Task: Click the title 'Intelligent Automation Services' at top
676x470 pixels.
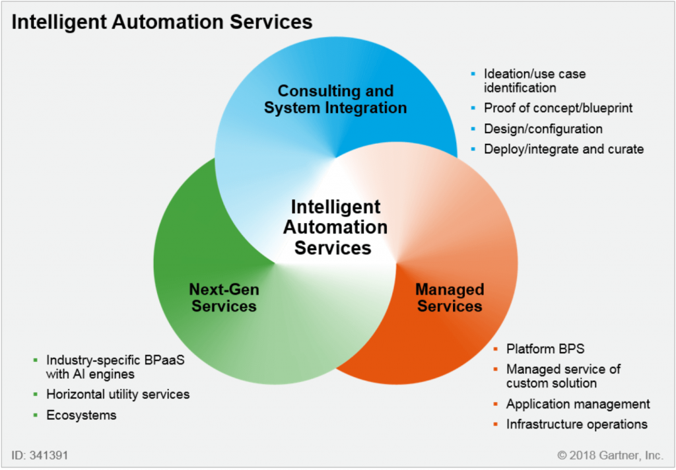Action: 162,22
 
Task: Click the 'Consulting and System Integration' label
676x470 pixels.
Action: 335,99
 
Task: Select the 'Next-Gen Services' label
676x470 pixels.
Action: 224,297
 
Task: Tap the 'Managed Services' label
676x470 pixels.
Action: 450,297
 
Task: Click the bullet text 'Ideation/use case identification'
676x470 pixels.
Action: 535,80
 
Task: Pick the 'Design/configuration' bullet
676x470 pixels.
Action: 543,129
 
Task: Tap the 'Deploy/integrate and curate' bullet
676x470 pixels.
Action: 563,149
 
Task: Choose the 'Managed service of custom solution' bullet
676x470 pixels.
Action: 563,376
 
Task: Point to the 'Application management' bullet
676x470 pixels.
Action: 578,404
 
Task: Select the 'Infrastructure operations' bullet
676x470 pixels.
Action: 576,424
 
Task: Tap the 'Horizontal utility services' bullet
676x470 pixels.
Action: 118,394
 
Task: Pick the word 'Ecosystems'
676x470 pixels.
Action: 81,415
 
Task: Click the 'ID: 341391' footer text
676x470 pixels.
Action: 40,455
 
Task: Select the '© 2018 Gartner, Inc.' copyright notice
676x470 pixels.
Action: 609,455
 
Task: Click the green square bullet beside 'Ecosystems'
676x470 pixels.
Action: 35,415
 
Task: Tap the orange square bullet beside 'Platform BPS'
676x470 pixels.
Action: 495,349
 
